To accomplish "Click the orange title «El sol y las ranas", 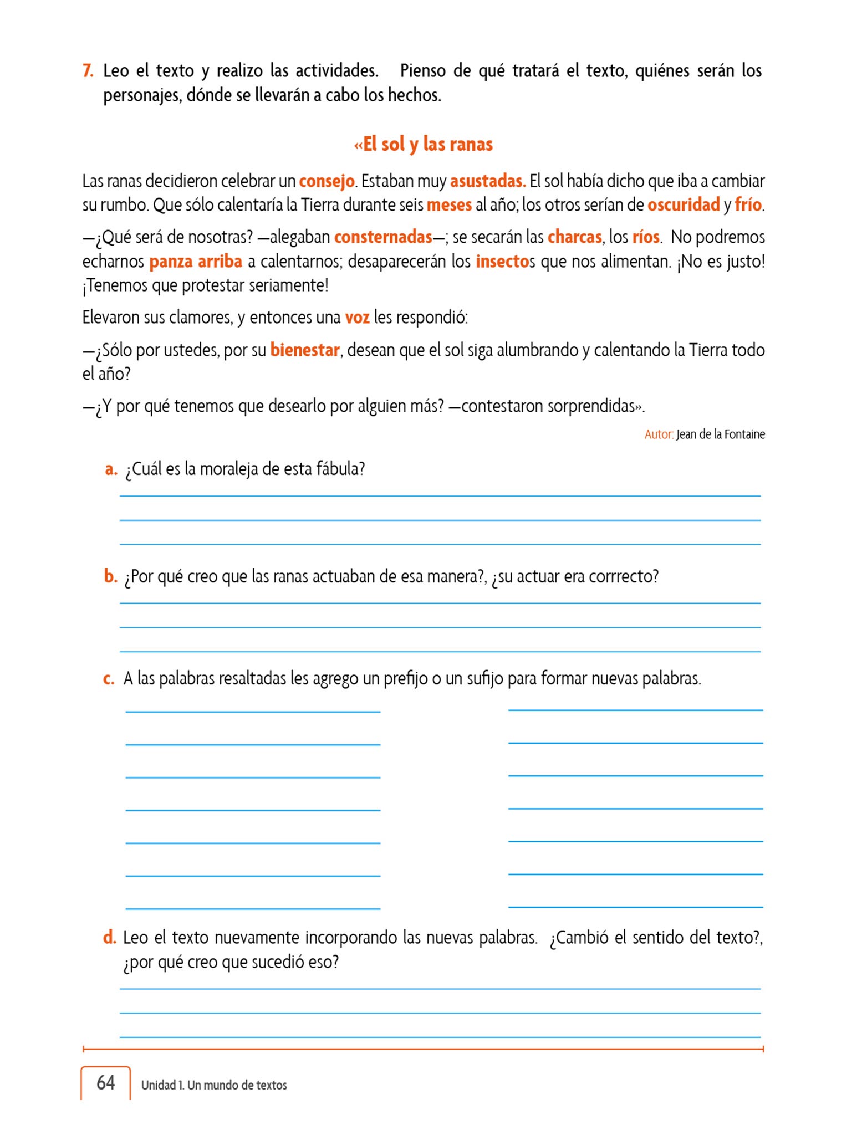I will (423, 144).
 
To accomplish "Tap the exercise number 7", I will (88, 71).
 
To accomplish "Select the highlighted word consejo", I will (327, 181).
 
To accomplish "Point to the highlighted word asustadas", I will (487, 181).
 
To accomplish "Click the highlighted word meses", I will (449, 205).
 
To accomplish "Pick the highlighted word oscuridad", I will (684, 205).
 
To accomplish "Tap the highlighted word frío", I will (748, 205).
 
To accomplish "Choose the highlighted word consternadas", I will (383, 237).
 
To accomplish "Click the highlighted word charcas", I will (574, 237).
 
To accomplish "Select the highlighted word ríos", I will (646, 237).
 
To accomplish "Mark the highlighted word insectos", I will (502, 262).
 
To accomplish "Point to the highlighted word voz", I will (357, 318).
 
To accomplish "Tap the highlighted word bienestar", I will (305, 350).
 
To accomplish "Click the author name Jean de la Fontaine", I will (720, 434).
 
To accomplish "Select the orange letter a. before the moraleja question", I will (111, 469).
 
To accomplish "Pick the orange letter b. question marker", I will (110, 576).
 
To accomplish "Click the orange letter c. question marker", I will (109, 679).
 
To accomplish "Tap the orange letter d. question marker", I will (110, 938).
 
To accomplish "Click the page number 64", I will (106, 1082).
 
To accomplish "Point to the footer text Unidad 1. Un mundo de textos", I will (214, 1085).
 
